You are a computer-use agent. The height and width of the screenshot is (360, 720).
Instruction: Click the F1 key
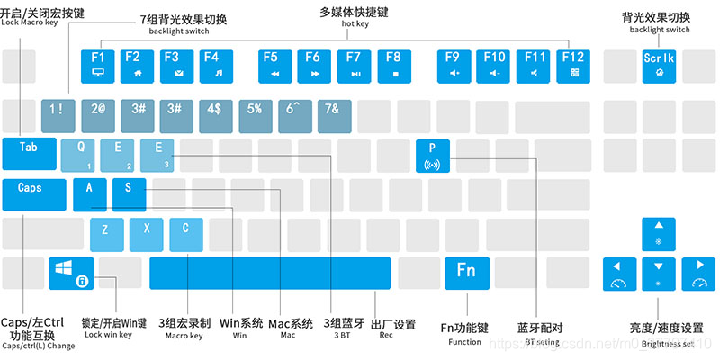click(98, 62)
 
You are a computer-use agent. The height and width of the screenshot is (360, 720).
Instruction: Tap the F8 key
click(393, 62)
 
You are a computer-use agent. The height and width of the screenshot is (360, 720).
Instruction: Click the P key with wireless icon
click(433, 154)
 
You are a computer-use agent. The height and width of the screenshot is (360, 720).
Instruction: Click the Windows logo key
click(71, 273)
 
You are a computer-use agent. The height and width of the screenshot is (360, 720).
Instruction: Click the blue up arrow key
click(658, 233)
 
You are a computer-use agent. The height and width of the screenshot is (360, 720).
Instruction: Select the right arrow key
click(697, 273)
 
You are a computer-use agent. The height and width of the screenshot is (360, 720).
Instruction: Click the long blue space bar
click(270, 273)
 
